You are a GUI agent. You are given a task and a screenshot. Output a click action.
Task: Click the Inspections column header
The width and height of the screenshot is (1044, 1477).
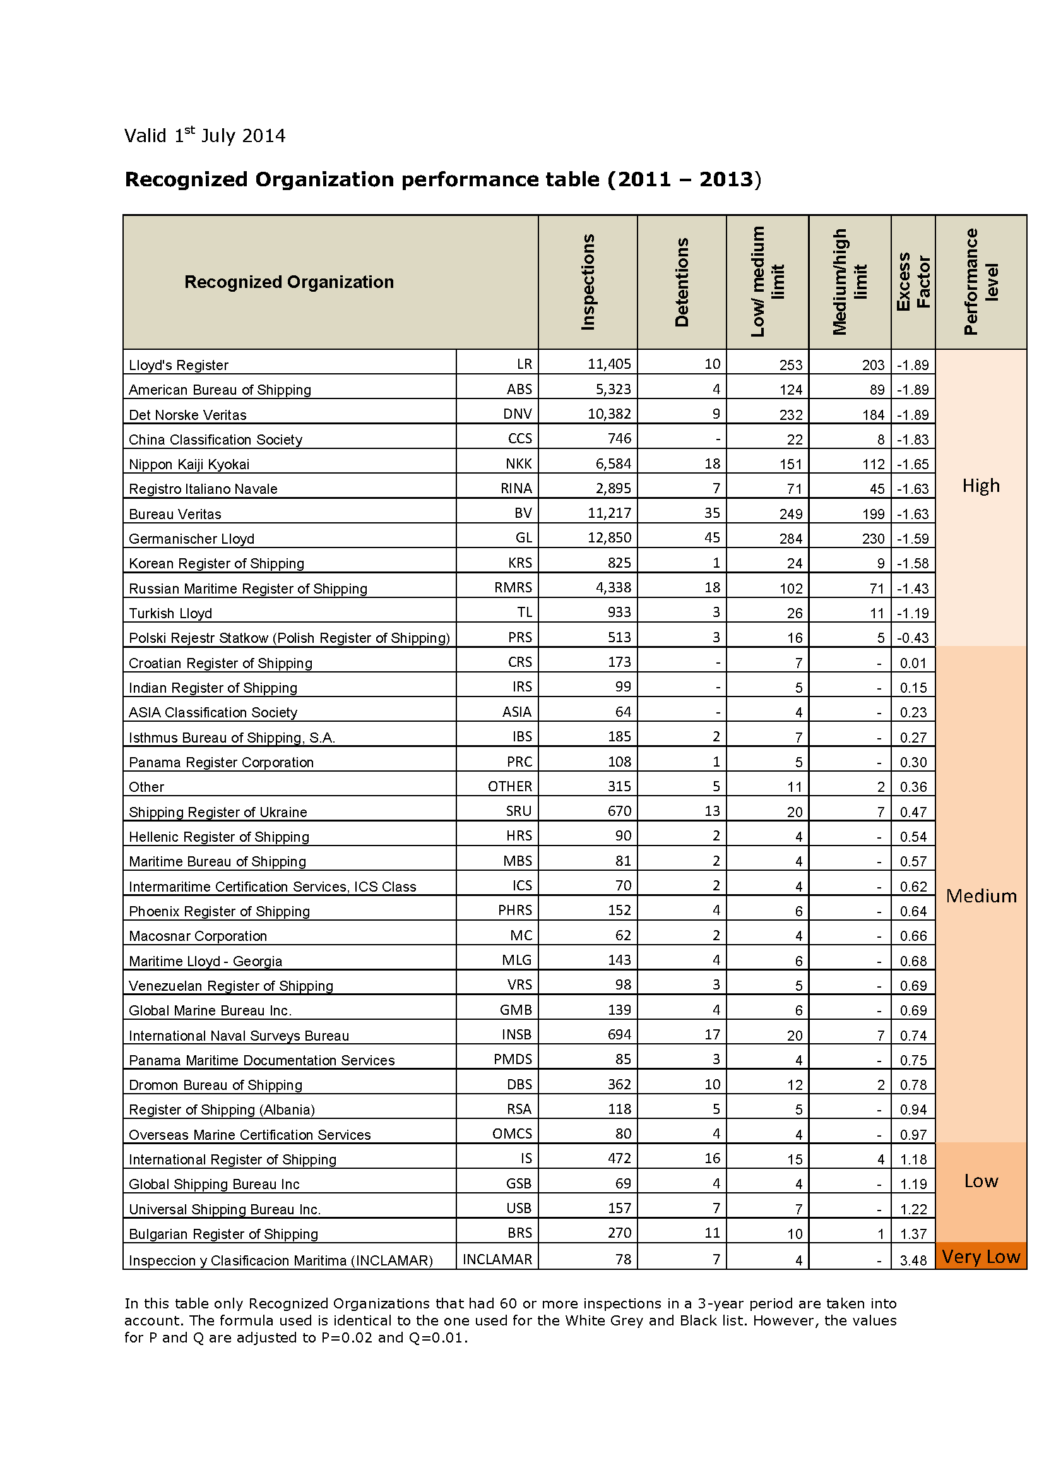point(588,282)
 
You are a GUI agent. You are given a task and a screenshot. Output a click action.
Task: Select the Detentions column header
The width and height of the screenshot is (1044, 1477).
point(682,282)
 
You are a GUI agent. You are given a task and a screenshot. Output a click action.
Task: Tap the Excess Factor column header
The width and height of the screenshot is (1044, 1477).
point(913,282)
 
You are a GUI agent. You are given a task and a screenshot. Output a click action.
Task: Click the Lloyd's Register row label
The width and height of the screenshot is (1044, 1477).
point(178,365)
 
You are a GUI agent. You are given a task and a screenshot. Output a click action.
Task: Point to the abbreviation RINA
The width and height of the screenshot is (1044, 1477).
point(516,488)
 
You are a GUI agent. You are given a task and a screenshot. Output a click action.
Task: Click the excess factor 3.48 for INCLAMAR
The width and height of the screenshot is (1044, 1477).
point(913,1260)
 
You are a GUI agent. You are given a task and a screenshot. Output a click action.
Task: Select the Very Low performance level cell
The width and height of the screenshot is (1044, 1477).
point(980,1257)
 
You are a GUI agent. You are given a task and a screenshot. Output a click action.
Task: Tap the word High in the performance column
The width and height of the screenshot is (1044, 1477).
point(980,485)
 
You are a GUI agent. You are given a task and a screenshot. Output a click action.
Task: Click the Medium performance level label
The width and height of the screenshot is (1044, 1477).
point(981,895)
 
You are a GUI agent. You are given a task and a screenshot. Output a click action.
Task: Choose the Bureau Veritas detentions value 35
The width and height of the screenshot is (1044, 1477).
point(711,513)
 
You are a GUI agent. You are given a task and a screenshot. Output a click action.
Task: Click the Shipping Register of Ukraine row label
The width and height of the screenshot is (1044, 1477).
point(217,812)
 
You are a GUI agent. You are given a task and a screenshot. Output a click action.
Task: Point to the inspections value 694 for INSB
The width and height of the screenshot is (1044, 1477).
point(619,1034)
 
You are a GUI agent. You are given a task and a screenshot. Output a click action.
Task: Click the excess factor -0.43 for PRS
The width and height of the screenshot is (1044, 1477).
point(912,638)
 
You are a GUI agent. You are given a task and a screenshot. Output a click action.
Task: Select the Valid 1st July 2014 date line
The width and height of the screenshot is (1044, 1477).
point(205,135)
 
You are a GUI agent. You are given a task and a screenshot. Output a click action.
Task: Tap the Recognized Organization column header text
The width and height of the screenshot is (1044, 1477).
point(288,282)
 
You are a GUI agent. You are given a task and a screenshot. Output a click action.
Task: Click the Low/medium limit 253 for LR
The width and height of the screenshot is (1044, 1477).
point(790,365)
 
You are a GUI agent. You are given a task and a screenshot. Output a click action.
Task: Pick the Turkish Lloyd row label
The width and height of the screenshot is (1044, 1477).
point(170,613)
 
